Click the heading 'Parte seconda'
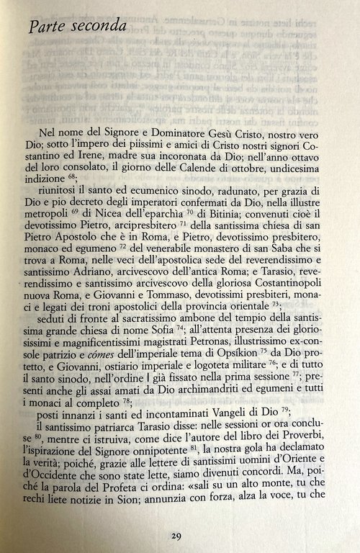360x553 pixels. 75,28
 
